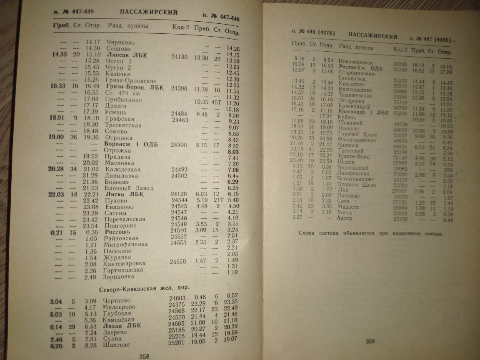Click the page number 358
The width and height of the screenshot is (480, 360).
click(144, 356)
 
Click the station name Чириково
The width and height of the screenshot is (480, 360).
click(121, 42)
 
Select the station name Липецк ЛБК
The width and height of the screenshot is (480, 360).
click(125, 55)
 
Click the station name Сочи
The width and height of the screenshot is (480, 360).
click(344, 201)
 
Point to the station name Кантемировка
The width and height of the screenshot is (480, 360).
click(124, 263)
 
